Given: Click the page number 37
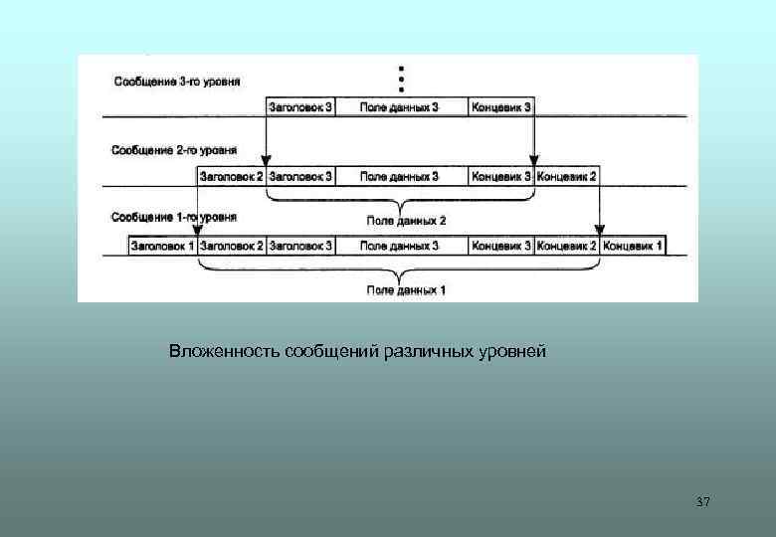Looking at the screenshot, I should pyautogui.click(x=703, y=501).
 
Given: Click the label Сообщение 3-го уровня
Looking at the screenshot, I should pyautogui.click(x=176, y=80).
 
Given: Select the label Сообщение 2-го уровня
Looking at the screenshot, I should pyautogui.click(x=174, y=150).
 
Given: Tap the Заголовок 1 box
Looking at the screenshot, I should pyautogui.click(x=163, y=246).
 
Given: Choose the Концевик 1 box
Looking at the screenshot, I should pyautogui.click(x=634, y=246).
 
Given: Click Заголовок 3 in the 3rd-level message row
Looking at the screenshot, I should pyautogui.click(x=300, y=106).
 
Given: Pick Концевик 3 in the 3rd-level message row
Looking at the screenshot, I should pyautogui.click(x=501, y=106).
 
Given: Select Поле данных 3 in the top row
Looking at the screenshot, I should pyautogui.click(x=399, y=106).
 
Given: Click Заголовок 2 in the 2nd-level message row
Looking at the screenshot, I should pyautogui.click(x=232, y=176).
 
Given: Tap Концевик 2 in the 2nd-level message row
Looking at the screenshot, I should pyautogui.click(x=567, y=176).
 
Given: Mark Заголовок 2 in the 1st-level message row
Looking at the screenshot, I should pyautogui.click(x=232, y=246).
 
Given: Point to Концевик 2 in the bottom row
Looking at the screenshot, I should pyautogui.click(x=567, y=246).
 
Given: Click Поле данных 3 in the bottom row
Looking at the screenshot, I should pyautogui.click(x=399, y=246).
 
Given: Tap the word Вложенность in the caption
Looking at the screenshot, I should pyautogui.click(x=224, y=353).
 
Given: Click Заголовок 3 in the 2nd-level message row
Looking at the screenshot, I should pyautogui.click(x=300, y=176).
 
